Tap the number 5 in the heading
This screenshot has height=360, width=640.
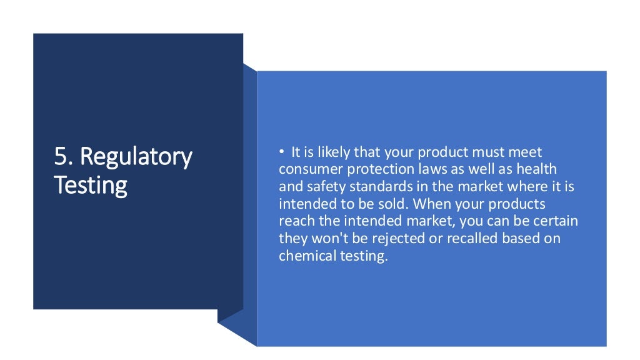[59, 156]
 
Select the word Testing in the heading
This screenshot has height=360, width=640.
[91, 184]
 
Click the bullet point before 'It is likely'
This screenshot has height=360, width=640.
[282, 152]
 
